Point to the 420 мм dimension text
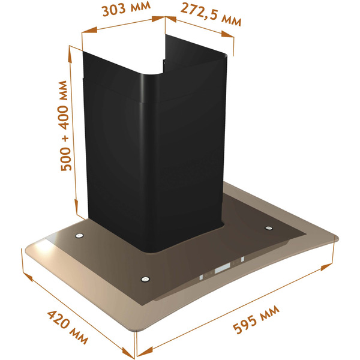[67, 328]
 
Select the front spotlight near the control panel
[144, 278]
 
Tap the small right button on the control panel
[242, 260]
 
